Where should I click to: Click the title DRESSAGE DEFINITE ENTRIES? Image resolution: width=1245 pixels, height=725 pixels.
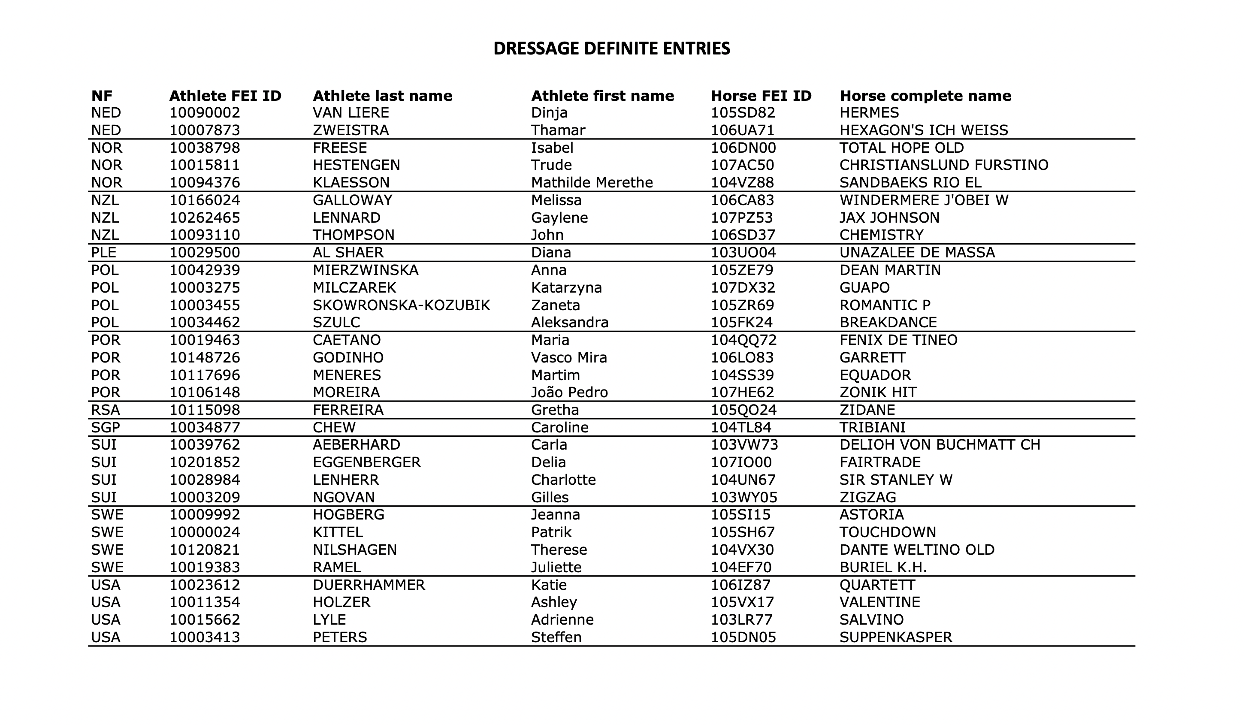point(612,48)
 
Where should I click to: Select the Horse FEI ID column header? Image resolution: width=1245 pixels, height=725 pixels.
point(761,96)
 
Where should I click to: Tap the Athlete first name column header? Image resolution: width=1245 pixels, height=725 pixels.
point(602,96)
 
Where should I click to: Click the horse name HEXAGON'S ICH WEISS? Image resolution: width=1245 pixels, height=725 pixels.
point(923,130)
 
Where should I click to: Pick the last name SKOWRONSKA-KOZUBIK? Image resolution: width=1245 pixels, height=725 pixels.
point(401,305)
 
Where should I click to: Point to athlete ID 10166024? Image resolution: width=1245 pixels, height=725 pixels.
point(205,200)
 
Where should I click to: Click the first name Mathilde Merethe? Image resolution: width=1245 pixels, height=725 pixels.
point(592,183)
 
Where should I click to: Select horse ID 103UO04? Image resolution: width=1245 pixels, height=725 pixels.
point(743,253)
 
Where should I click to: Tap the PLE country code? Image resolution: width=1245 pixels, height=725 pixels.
point(104,253)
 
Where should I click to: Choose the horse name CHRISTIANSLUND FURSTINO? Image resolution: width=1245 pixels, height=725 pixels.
point(944,165)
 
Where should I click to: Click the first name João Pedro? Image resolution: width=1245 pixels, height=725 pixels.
point(569,393)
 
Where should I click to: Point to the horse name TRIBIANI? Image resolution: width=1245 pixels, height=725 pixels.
point(873,428)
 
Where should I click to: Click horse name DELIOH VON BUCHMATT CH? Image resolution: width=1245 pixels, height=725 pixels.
point(940,445)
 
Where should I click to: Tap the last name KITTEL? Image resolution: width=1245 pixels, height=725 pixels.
point(338,532)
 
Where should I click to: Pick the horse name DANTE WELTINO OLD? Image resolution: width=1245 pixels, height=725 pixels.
point(917,550)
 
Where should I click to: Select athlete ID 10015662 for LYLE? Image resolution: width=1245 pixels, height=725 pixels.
point(205,620)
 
